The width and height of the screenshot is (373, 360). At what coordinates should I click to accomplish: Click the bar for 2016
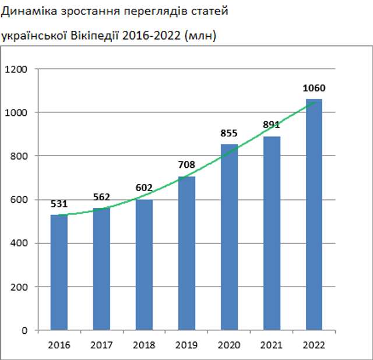59,273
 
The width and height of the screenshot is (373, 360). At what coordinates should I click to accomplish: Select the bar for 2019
186,253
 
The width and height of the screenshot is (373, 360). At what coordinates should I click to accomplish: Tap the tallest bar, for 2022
314,214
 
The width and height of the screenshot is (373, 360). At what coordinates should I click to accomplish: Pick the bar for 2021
272,233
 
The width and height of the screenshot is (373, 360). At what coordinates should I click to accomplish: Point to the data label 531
59,204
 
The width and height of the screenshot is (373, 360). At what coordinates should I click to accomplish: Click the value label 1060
314,89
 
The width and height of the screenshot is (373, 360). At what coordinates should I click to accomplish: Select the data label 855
229,133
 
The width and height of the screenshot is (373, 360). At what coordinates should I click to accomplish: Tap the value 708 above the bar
186,165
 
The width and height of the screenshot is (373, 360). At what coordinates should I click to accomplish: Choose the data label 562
101,197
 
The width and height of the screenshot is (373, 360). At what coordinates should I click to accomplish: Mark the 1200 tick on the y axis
16,69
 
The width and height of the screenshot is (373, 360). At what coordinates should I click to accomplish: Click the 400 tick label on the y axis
19,243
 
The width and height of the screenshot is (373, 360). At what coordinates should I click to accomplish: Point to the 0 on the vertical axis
25,330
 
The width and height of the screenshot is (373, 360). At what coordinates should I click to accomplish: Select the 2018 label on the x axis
144,345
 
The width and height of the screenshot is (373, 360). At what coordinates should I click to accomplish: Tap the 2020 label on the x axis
229,345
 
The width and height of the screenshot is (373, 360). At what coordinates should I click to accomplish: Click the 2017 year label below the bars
101,345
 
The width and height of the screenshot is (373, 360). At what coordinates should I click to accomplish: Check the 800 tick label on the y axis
19,156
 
